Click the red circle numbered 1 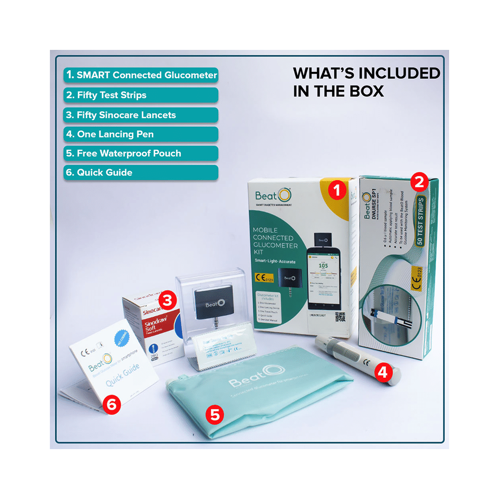(337, 191)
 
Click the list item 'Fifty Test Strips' (141, 95)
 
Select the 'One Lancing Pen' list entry (141, 134)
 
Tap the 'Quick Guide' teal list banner (141, 173)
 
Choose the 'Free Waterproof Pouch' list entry (141, 153)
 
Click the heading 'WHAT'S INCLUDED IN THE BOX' (366, 82)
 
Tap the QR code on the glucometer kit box (340, 317)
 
